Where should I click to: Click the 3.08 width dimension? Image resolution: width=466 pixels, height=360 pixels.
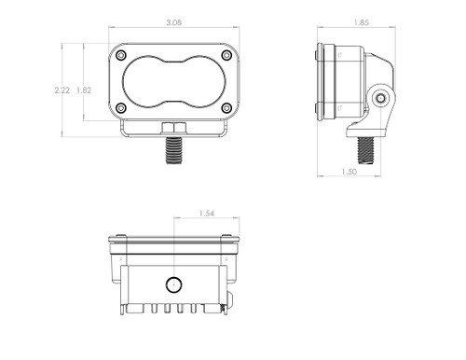point(173,20)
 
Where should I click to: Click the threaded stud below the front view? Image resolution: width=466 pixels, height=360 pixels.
point(173,149)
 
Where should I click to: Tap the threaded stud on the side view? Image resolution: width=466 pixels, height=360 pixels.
point(365,145)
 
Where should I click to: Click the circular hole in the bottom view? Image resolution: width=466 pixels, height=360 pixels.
point(172,284)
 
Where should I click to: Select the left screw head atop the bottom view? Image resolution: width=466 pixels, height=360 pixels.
point(120,235)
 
